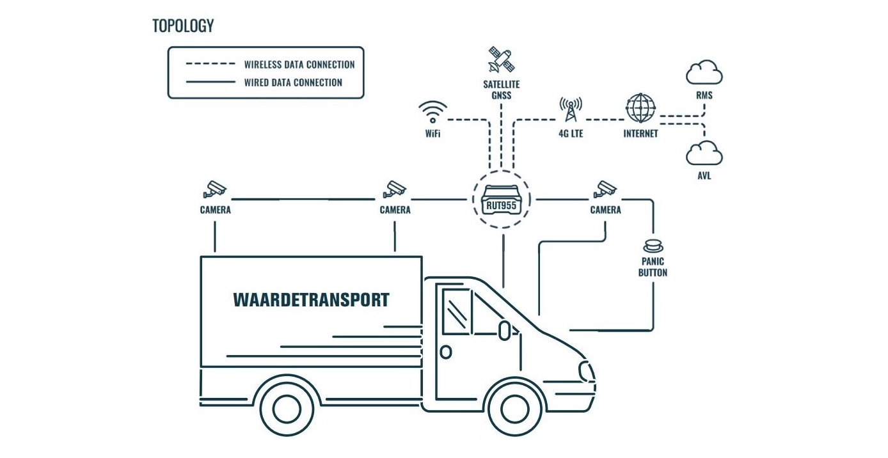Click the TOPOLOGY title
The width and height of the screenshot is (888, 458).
[183, 26]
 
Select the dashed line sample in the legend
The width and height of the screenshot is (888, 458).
[210, 63]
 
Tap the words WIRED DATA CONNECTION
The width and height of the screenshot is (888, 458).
[293, 83]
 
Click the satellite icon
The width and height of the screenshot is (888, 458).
[502, 59]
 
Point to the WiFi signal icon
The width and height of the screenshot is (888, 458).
[433, 112]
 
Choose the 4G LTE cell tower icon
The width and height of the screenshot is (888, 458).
[571, 109]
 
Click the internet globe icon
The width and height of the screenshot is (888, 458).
[640, 107]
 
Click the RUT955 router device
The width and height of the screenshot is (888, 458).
[502, 200]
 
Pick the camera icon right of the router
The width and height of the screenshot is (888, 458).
[605, 190]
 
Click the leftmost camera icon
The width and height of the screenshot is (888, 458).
[215, 190]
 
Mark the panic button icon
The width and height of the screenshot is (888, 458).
[653, 246]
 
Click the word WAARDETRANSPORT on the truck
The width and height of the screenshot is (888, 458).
[311, 300]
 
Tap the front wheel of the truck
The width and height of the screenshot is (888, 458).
[515, 409]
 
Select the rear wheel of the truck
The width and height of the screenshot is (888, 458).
[287, 409]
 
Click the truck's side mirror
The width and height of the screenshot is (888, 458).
[504, 331]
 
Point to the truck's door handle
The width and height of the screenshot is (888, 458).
[446, 352]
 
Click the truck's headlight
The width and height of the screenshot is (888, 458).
[586, 372]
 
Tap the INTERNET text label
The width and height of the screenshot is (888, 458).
[640, 134]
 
